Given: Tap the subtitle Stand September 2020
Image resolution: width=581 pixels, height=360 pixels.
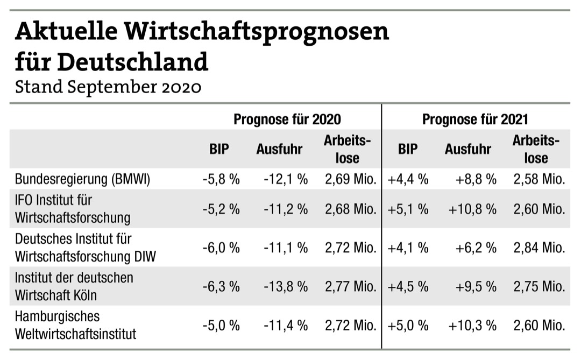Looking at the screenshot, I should [x=108, y=87].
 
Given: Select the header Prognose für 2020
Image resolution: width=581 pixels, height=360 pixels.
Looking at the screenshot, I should [x=287, y=119].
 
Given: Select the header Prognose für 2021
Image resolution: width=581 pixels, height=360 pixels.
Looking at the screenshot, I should [x=475, y=119].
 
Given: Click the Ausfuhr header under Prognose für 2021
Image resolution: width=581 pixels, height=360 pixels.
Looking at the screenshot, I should [x=467, y=149].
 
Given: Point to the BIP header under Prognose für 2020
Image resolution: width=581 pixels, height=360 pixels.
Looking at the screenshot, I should [x=219, y=149].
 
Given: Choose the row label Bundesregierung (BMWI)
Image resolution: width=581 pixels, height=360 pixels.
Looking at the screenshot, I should [x=82, y=179].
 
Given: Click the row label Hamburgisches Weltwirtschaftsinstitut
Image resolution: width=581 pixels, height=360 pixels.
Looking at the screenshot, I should [x=75, y=325].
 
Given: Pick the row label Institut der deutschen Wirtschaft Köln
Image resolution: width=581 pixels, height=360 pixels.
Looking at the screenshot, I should [x=74, y=286].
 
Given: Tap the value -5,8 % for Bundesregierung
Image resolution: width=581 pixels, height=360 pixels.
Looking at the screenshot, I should [x=221, y=179].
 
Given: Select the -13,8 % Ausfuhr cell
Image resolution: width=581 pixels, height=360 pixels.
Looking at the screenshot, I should [x=286, y=286].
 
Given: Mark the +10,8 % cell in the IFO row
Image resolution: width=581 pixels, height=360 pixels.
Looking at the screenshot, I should [x=472, y=209].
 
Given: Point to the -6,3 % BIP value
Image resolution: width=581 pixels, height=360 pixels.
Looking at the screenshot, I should [x=221, y=286].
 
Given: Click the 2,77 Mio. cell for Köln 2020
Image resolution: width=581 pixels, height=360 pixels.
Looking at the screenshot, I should [x=350, y=286].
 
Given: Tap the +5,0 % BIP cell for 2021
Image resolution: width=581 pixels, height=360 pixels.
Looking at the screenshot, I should [x=408, y=325].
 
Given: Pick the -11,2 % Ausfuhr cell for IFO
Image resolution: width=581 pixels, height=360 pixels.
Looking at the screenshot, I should [x=286, y=209].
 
